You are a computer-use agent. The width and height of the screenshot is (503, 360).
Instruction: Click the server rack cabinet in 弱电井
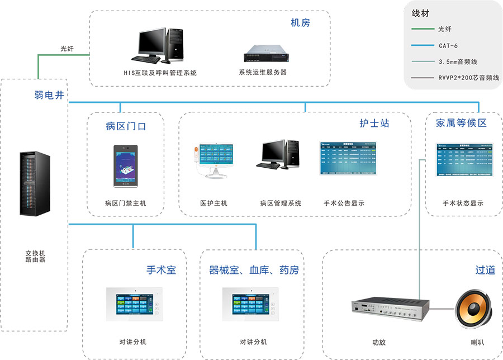coord(34,184)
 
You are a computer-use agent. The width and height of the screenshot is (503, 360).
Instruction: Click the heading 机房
coord(300,23)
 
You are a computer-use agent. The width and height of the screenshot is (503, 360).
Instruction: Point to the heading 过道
coord(485,270)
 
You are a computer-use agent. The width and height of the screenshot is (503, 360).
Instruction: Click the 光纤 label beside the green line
coord(67,49)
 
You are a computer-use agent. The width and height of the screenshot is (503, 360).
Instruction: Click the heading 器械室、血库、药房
coord(254,270)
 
